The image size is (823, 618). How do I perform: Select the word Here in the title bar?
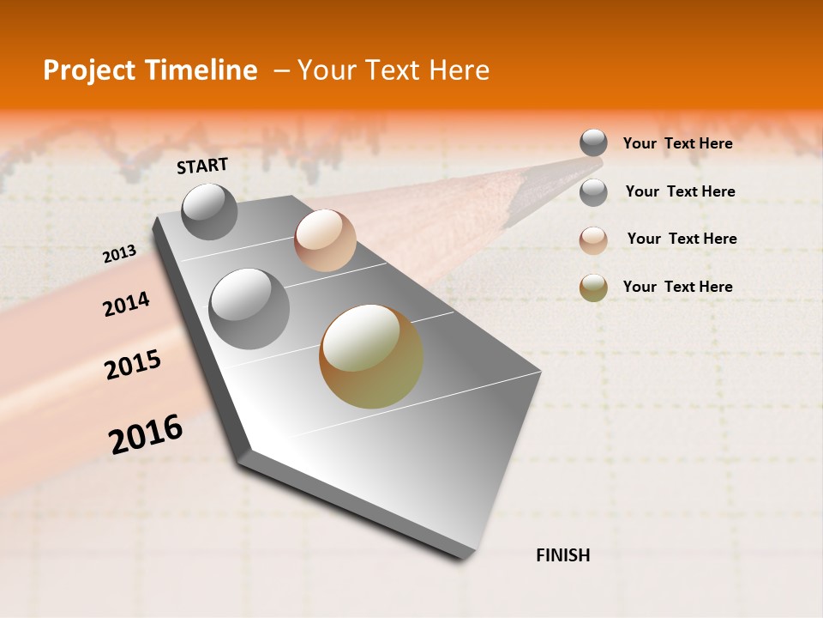click(x=459, y=71)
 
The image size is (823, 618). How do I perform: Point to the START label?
click(x=202, y=166)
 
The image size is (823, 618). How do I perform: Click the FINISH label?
click(x=562, y=555)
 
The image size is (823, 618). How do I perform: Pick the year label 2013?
click(x=119, y=253)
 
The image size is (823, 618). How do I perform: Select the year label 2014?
click(x=126, y=304)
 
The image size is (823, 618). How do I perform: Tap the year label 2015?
click(x=133, y=365)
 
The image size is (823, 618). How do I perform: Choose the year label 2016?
click(x=146, y=434)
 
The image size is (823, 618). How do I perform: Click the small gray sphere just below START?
click(x=209, y=211)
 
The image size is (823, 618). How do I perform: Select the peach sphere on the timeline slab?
click(x=325, y=239)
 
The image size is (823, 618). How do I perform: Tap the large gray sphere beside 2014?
click(x=249, y=308)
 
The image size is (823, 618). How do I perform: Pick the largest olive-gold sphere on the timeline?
click(x=371, y=356)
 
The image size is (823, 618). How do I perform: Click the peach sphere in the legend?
click(x=593, y=240)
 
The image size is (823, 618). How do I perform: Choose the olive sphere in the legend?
click(x=593, y=288)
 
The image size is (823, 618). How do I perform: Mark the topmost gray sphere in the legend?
click(x=593, y=142)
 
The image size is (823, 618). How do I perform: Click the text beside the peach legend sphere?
click(x=682, y=239)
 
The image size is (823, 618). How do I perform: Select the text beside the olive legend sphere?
click(x=677, y=287)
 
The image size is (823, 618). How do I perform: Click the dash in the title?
click(x=280, y=71)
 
